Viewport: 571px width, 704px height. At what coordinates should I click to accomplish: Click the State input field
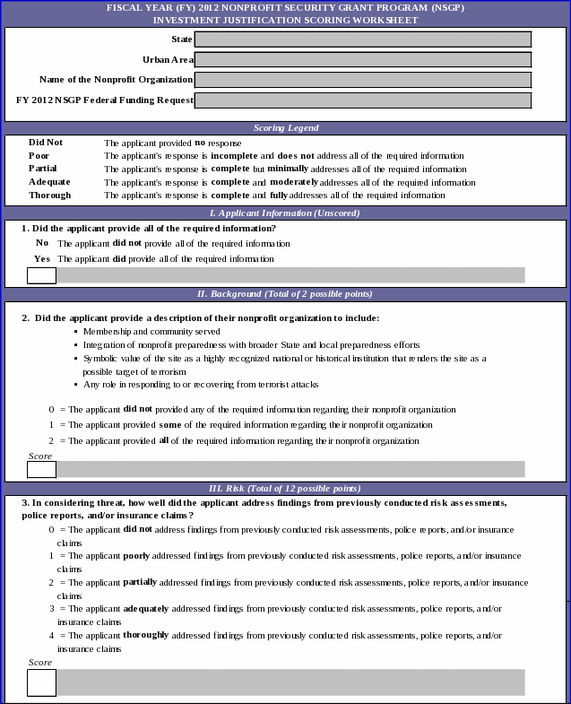pyautogui.click(x=362, y=39)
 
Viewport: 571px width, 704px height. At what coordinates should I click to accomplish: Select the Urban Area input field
pyautogui.click(x=362, y=59)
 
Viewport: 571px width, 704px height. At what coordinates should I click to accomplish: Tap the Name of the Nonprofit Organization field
pyautogui.click(x=362, y=80)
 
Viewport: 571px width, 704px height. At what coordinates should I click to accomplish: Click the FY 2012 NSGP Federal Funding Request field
pyautogui.click(x=362, y=100)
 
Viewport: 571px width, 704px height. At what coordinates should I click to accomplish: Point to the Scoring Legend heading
pyautogui.click(x=285, y=128)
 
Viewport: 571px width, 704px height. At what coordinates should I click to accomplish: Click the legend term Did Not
pyautogui.click(x=46, y=143)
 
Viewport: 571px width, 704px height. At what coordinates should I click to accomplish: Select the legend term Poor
pyautogui.click(x=39, y=155)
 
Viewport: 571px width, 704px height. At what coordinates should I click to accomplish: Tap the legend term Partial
pyautogui.click(x=43, y=169)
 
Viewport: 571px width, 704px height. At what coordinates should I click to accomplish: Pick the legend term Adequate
pyautogui.click(x=49, y=182)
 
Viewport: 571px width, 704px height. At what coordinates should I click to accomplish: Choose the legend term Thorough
pyautogui.click(x=49, y=195)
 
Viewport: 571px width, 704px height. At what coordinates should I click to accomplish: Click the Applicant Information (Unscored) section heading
pyautogui.click(x=285, y=213)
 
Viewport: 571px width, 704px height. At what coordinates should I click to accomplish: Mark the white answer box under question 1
pyautogui.click(x=41, y=274)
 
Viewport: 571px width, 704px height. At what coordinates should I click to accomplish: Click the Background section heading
pyautogui.click(x=285, y=293)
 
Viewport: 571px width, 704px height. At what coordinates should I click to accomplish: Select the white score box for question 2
pyautogui.click(x=41, y=469)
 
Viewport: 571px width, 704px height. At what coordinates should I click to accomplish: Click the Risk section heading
pyautogui.click(x=285, y=488)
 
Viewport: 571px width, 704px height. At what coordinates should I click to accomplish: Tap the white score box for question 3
pyautogui.click(x=41, y=682)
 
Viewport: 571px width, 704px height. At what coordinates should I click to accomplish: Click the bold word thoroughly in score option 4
pyautogui.click(x=145, y=635)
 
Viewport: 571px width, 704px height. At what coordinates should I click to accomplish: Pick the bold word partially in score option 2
pyautogui.click(x=140, y=582)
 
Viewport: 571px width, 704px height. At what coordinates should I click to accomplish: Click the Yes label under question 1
pyautogui.click(x=42, y=258)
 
